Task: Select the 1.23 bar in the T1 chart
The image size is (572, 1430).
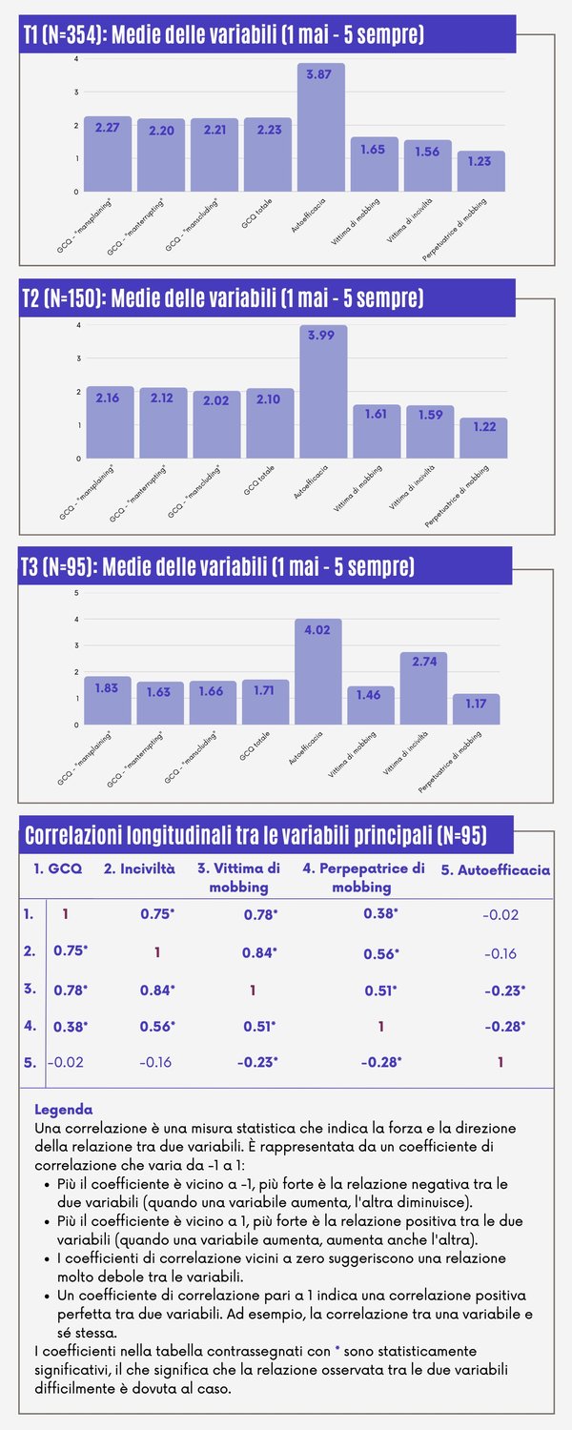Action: point(480,172)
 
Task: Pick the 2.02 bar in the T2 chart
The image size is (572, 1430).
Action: point(216,424)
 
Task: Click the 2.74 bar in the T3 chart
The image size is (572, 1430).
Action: point(424,688)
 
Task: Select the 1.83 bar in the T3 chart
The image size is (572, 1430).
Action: point(107,701)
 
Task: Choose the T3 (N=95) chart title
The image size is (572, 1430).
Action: point(219,567)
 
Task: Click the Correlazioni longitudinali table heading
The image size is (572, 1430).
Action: point(255,836)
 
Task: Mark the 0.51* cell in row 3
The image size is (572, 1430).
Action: point(382,991)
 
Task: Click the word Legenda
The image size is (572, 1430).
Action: point(63,1110)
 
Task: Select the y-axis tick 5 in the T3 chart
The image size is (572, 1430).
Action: point(75,593)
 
